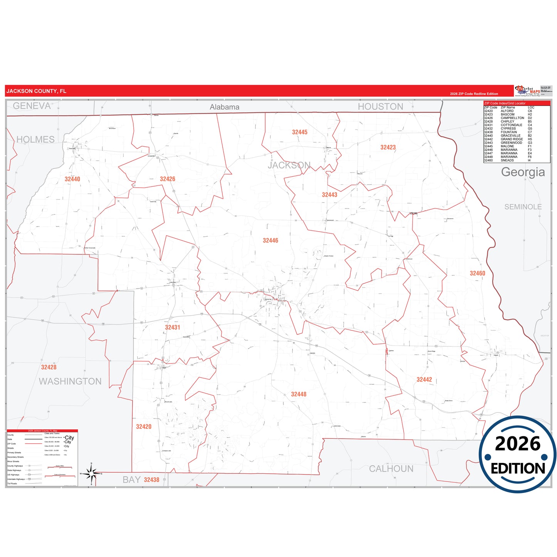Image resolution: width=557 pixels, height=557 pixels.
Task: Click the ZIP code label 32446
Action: pyautogui.click(x=270, y=241)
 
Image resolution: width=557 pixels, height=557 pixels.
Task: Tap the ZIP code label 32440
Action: pyautogui.click(x=72, y=179)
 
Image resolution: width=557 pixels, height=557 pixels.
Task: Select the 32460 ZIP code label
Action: pyautogui.click(x=477, y=273)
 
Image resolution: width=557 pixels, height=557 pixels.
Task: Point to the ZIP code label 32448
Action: pyautogui.click(x=299, y=394)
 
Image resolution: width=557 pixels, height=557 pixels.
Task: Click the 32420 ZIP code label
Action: pyautogui.click(x=144, y=427)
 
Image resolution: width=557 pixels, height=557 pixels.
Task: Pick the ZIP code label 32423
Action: pyautogui.click(x=388, y=147)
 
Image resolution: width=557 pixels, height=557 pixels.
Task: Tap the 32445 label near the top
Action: pyautogui.click(x=300, y=132)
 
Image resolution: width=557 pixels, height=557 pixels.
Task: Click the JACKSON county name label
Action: pyautogui.click(x=289, y=165)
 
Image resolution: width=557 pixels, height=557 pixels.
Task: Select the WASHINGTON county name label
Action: pyautogui.click(x=70, y=381)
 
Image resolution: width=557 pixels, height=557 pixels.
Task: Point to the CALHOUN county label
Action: pyautogui.click(x=391, y=469)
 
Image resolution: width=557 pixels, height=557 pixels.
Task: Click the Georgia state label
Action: pyautogui.click(x=523, y=172)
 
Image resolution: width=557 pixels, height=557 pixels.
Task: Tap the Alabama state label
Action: pyautogui.click(x=224, y=107)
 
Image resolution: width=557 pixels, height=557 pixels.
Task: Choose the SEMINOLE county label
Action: pyautogui.click(x=523, y=207)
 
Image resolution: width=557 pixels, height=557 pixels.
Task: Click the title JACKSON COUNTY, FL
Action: pyautogui.click(x=36, y=91)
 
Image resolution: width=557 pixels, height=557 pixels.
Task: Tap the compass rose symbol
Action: pyautogui.click(x=91, y=473)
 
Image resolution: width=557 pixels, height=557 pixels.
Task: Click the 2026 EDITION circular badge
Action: pyautogui.click(x=517, y=454)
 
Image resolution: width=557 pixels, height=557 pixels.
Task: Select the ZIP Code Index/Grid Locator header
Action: pyautogui.click(x=505, y=103)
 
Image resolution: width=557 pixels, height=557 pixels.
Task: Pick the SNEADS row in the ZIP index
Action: pyautogui.click(x=507, y=160)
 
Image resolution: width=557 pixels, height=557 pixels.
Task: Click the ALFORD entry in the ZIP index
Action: pyautogui.click(x=507, y=111)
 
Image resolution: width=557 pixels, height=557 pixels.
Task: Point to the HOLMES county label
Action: pyautogui.click(x=35, y=140)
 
